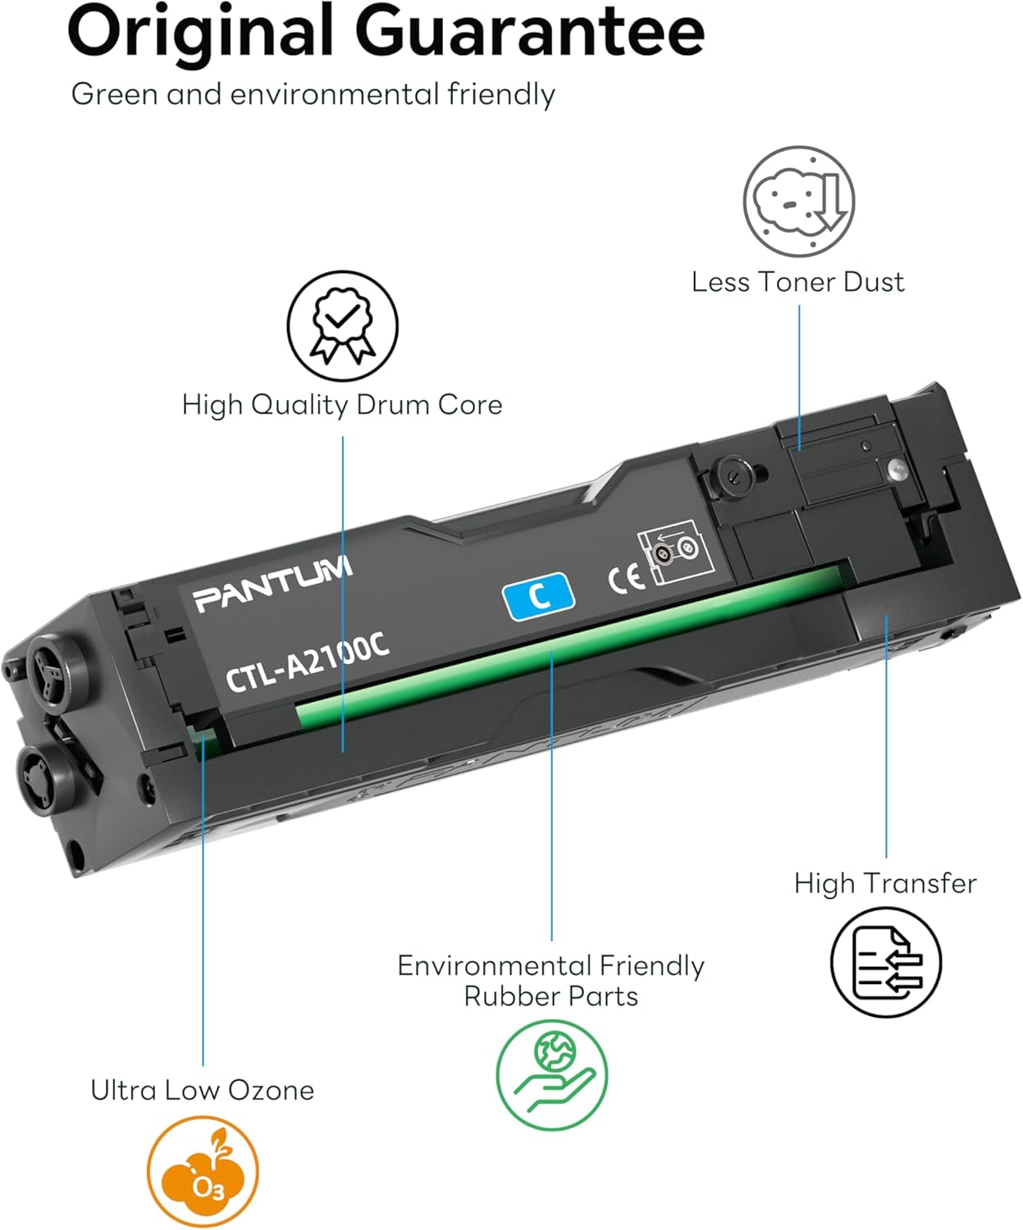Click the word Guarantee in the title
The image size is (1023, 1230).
click(529, 31)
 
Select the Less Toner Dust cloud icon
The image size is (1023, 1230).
click(798, 202)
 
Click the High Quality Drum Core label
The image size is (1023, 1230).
click(341, 404)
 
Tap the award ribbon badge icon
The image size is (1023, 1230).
click(342, 326)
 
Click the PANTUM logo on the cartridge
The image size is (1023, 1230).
click(273, 585)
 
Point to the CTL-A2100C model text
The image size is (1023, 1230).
click(307, 663)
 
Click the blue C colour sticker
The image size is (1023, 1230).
click(538, 596)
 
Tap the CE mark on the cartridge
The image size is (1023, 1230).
click(626, 578)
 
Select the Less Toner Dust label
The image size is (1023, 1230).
click(797, 282)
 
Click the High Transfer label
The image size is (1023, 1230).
click(885, 883)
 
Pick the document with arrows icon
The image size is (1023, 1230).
click(886, 962)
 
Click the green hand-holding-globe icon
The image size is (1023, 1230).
click(552, 1074)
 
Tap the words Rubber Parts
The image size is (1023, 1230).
click(550, 996)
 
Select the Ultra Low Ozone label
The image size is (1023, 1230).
click(202, 1090)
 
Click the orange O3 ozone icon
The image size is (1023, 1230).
click(203, 1172)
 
